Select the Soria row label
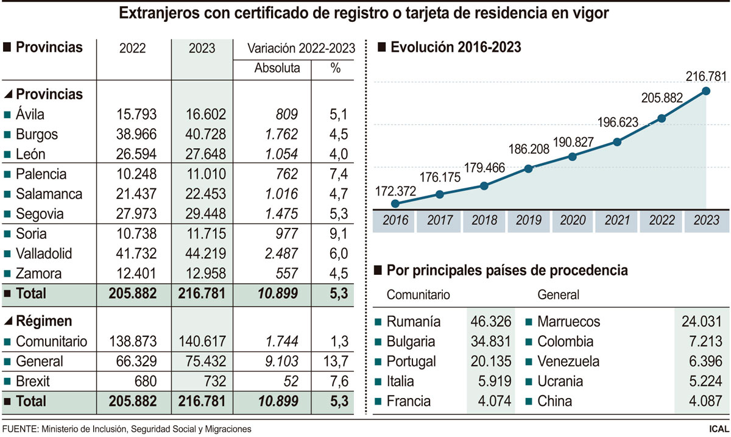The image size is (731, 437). [32, 233]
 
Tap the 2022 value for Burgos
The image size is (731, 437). [133, 134]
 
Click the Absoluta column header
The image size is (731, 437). [277, 68]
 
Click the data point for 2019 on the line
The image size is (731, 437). [528, 168]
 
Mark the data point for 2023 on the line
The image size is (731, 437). [706, 91]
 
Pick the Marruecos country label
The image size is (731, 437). [569, 322]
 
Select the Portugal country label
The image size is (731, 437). [411, 361]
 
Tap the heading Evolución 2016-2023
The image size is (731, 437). [456, 47]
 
